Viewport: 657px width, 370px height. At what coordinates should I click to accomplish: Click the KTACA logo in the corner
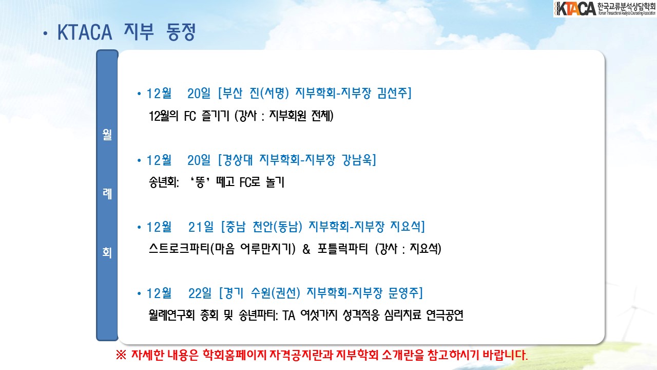[605, 9]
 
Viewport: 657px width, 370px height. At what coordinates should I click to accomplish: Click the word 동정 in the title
[181, 32]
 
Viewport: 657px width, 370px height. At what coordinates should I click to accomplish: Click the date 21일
[201, 227]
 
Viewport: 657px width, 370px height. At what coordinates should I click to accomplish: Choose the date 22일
[200, 293]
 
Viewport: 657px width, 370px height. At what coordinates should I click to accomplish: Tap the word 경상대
[238, 160]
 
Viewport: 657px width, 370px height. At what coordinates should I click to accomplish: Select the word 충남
[235, 227]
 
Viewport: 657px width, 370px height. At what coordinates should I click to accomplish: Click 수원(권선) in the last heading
[276, 293]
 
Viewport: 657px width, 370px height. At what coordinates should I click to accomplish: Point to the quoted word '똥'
[200, 182]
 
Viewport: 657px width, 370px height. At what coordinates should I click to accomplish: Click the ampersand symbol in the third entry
[306, 249]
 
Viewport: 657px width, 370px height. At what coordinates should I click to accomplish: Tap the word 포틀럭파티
[342, 249]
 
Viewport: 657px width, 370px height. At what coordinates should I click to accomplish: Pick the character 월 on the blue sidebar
[107, 135]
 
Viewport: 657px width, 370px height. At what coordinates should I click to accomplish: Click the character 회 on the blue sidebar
[107, 252]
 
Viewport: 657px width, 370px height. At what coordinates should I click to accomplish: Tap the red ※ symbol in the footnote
[121, 355]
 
